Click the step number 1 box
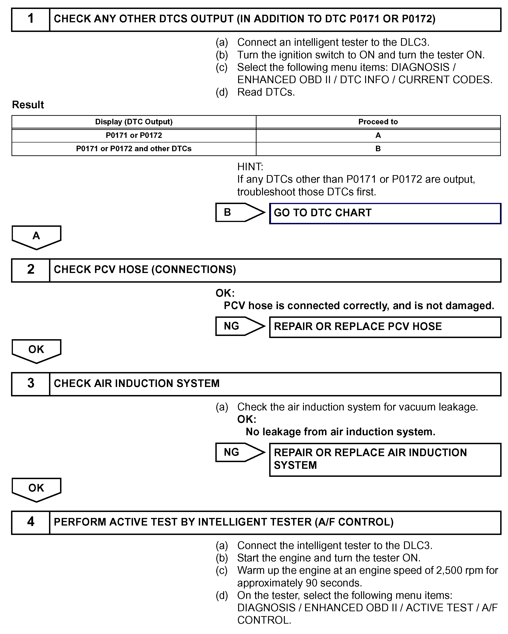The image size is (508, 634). click(x=31, y=19)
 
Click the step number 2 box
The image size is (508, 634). click(x=31, y=270)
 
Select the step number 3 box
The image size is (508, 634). click(x=31, y=384)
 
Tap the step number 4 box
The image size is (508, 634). click(x=31, y=523)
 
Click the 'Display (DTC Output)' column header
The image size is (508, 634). click(x=134, y=122)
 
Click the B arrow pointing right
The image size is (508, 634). click(x=239, y=212)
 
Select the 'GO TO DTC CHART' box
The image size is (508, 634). click(x=385, y=213)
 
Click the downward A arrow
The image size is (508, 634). click(x=36, y=237)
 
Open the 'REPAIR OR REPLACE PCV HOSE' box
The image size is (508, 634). click(x=385, y=327)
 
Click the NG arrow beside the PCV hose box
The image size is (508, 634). click(x=239, y=326)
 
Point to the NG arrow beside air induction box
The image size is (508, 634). click(x=239, y=452)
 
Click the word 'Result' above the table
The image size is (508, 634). click(x=28, y=105)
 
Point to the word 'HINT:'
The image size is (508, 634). click(x=250, y=167)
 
